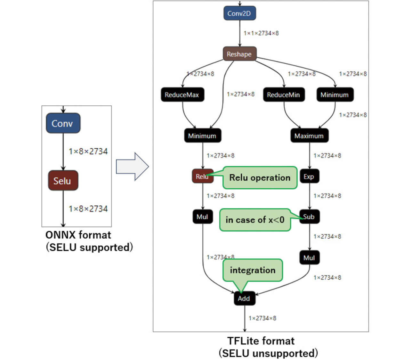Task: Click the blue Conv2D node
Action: coord(239,13)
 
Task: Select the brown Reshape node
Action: coord(239,54)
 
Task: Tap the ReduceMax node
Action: coord(182,95)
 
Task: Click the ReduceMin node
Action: coord(284,95)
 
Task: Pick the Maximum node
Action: coord(309,136)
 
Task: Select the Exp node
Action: coord(309,176)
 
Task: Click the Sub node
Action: coord(309,217)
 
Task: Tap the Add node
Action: coord(244,299)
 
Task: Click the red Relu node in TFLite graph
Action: coord(202,176)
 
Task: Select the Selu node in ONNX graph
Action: coord(63,181)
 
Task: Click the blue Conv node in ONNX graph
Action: coord(63,123)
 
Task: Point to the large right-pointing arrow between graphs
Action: coord(132,167)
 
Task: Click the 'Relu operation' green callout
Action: coord(260,178)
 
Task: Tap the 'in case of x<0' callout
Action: coord(255,220)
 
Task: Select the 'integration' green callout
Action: coord(253,270)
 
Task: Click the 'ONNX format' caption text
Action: coord(78,235)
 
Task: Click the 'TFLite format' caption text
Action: coord(261,341)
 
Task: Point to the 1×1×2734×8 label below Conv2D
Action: coord(261,33)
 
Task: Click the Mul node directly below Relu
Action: coord(202,217)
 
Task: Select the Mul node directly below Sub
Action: coord(309,258)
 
